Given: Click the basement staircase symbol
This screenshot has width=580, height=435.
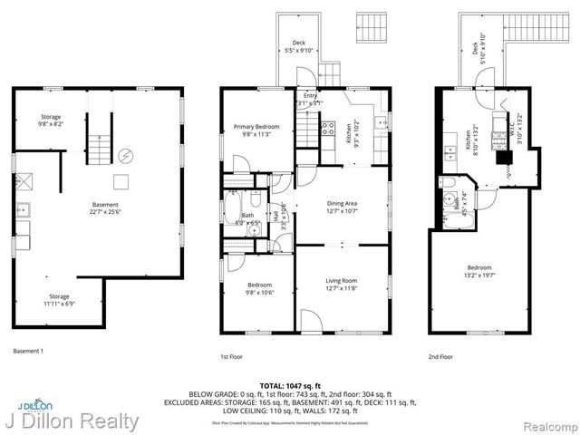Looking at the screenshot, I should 96,143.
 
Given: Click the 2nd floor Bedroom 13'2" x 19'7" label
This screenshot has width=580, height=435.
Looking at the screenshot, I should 479,272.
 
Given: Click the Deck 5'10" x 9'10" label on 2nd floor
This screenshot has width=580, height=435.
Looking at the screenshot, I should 476,47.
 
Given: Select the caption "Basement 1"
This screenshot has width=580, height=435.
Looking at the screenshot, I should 28,351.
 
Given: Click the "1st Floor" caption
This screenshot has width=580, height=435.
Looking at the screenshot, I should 231,357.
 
